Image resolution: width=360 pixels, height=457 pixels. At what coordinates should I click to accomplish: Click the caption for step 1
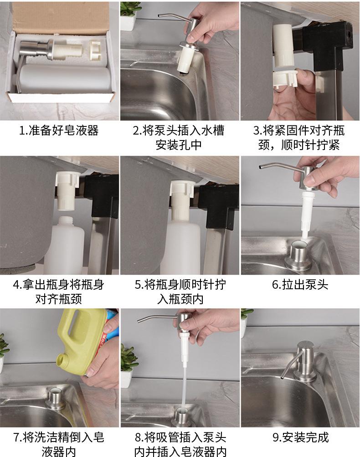[x=59, y=131]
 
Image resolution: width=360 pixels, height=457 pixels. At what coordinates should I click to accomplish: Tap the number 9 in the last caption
[x=276, y=437]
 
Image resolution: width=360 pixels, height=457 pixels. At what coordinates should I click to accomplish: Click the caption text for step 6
[x=300, y=284]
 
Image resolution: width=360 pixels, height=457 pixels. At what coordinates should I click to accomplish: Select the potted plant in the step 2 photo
[x=129, y=16]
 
